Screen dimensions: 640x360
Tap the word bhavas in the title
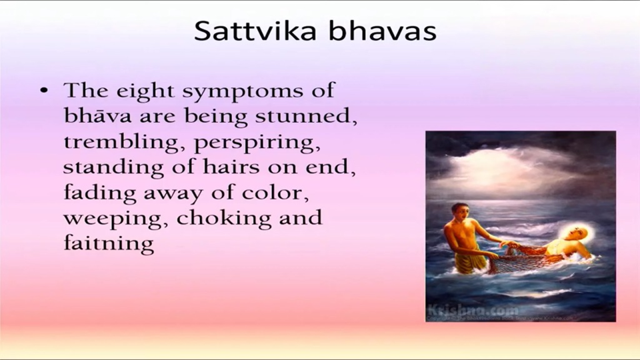point(383,31)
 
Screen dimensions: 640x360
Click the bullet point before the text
point(44,90)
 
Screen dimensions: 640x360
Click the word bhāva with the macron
point(97,115)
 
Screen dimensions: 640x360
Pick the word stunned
point(306,116)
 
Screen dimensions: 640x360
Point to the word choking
point(224,218)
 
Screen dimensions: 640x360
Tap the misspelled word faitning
point(109,244)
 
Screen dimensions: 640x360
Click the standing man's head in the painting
point(459,212)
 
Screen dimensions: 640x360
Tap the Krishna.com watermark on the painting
point(473,310)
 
